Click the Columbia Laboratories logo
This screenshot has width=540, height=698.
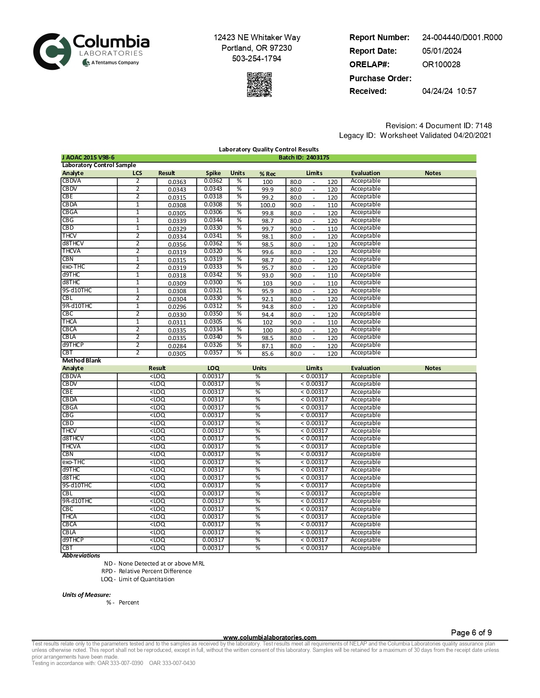tap(91, 51)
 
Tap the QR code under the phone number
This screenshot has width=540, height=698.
tap(259, 85)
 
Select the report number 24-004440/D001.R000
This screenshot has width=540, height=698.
tap(462, 38)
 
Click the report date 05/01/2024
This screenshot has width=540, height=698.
tap(441, 51)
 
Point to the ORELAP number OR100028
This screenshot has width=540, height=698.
tap(441, 65)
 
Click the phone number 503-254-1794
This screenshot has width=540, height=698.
tap(256, 59)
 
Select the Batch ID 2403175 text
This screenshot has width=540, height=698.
tap(304, 158)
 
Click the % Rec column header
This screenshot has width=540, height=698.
tap(267, 174)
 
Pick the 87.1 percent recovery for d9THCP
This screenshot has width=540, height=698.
tap(267, 346)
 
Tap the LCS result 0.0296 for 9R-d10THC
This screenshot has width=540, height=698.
tap(177, 307)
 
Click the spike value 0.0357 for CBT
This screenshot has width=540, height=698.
tap(213, 353)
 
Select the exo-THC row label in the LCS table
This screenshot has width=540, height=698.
tap(74, 267)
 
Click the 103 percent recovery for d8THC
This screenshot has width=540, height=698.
tap(267, 283)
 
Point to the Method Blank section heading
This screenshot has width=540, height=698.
tap(82, 361)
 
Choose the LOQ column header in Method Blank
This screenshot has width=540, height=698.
tap(213, 368)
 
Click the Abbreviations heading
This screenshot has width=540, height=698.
tap(81, 556)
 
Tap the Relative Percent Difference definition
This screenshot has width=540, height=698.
tap(155, 572)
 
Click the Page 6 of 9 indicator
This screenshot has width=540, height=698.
tap(471, 633)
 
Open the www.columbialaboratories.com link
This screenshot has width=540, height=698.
tap(269, 638)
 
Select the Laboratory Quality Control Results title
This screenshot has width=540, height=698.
tap(269, 149)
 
